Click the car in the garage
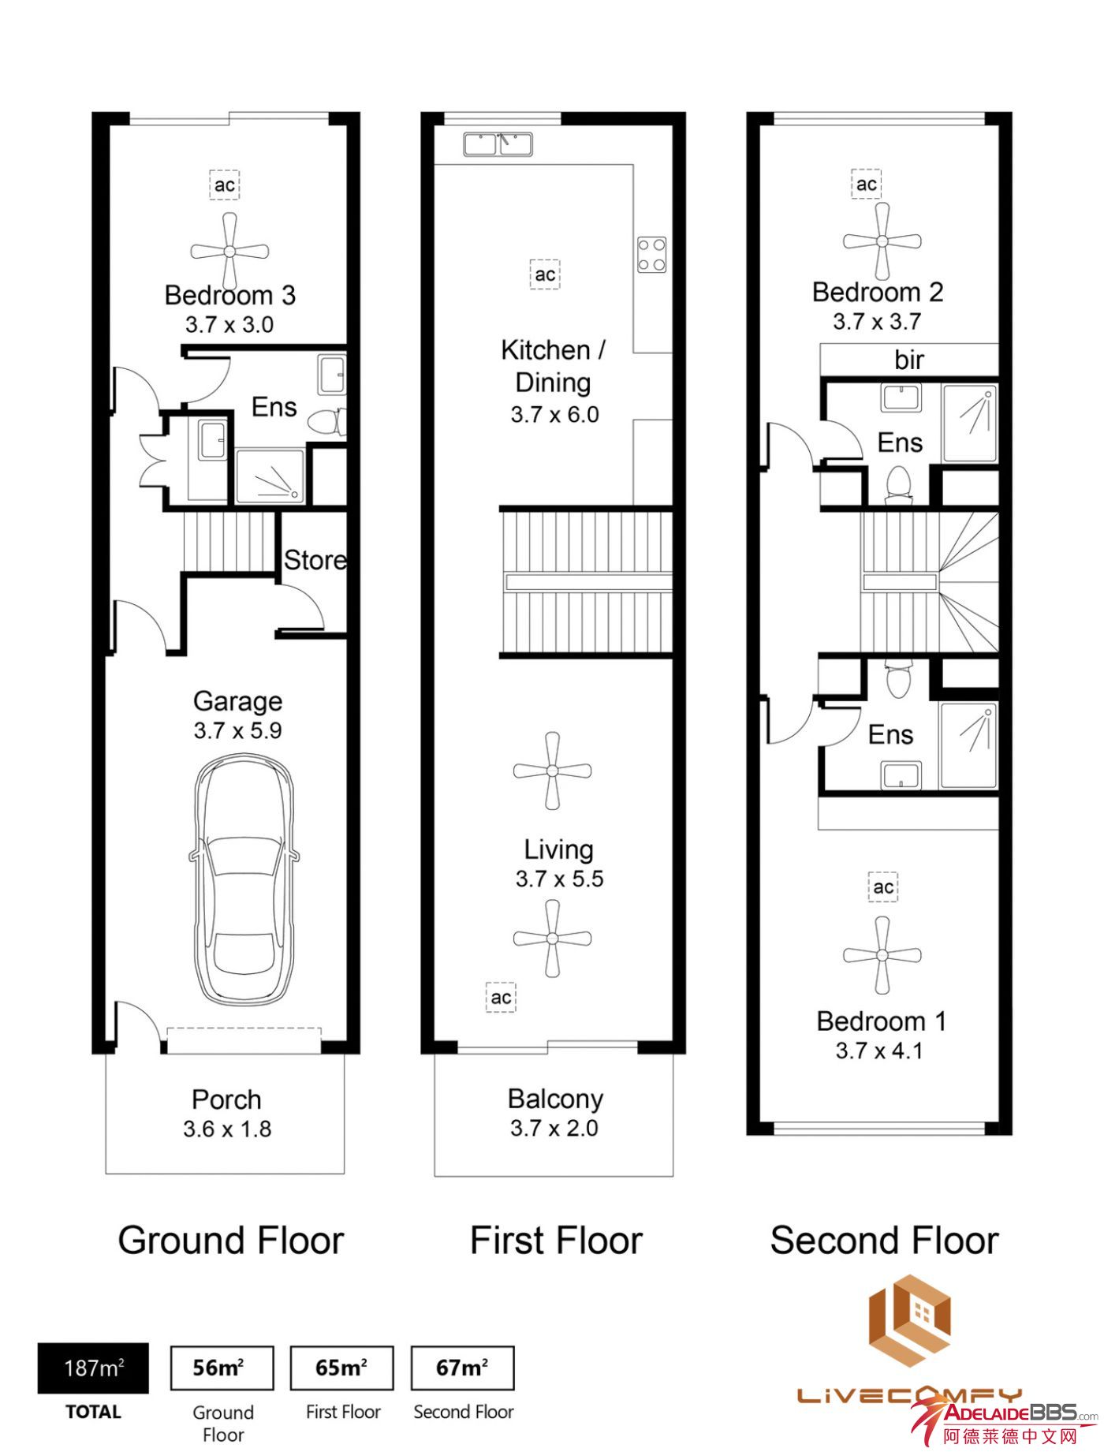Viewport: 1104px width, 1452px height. pyautogui.click(x=244, y=881)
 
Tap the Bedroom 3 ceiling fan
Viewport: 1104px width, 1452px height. pyautogui.click(x=229, y=252)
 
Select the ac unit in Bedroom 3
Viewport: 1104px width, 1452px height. pyautogui.click(x=225, y=185)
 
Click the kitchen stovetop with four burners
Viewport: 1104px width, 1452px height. pyautogui.click(x=651, y=255)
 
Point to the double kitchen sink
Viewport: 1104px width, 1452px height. pyautogui.click(x=498, y=144)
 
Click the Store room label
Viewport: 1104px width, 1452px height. pyautogui.click(x=315, y=560)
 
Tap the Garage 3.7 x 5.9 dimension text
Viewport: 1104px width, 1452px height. pyautogui.click(x=238, y=730)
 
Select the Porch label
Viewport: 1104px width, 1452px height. pyautogui.click(x=226, y=1099)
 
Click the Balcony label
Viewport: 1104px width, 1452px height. pyautogui.click(x=555, y=1099)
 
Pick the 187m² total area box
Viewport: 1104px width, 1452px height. pyautogui.click(x=93, y=1368)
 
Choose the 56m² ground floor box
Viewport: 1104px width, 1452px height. pyautogui.click(x=222, y=1368)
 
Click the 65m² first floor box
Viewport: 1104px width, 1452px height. pyautogui.click(x=341, y=1368)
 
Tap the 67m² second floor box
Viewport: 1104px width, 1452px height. pyautogui.click(x=462, y=1368)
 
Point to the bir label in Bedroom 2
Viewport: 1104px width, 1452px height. pyautogui.click(x=908, y=360)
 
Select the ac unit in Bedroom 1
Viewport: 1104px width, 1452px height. pyautogui.click(x=883, y=887)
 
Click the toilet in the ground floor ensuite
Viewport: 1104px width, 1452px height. pyautogui.click(x=325, y=423)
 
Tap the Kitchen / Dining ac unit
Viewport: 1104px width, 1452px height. pyautogui.click(x=545, y=275)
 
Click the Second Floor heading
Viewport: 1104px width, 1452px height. pyautogui.click(x=884, y=1241)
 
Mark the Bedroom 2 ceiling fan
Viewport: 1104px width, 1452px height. pyautogui.click(x=882, y=241)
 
